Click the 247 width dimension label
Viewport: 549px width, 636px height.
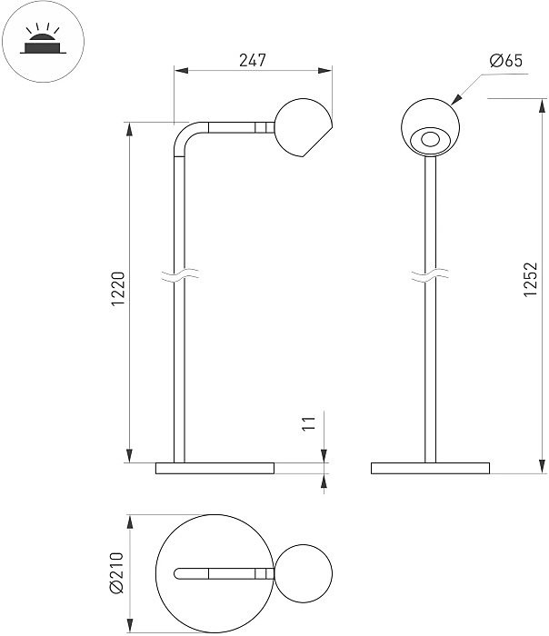(253, 60)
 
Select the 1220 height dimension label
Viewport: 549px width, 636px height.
(118, 289)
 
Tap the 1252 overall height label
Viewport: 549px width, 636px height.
(530, 280)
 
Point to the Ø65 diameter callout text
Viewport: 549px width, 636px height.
(506, 61)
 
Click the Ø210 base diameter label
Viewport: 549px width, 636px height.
(117, 572)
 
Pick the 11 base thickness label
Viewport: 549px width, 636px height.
(309, 423)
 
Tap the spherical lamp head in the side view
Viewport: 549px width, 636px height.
(303, 127)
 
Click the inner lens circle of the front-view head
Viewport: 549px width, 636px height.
(430, 140)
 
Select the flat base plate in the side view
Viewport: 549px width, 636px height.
(215, 468)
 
